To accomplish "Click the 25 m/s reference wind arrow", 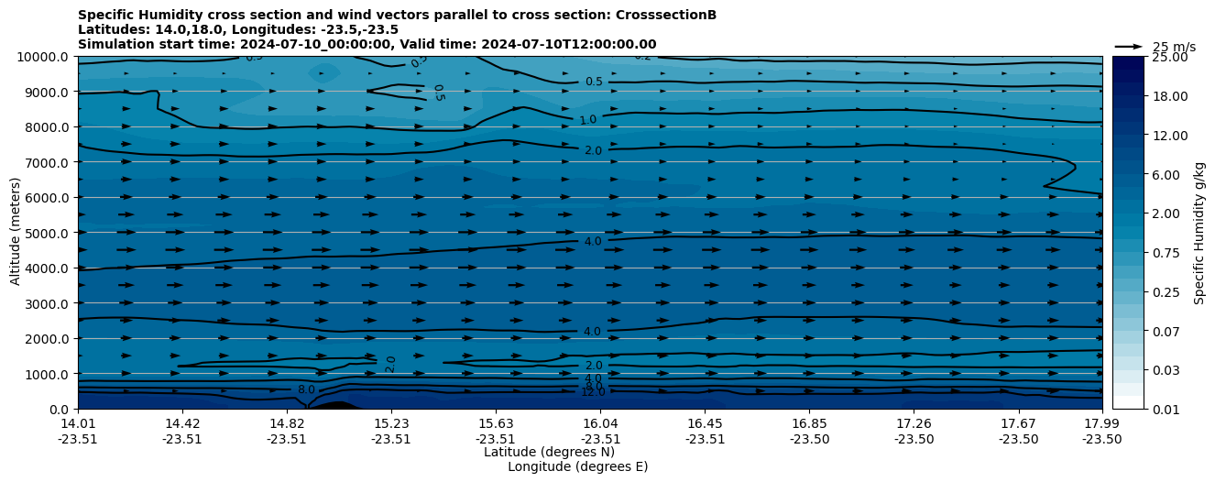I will pos(1129,47).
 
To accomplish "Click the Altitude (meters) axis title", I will pos(16,231).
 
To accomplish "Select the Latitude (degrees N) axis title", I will pos(549,452).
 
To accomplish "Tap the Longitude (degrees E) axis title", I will pos(577,466).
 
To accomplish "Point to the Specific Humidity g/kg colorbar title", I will pos(1199,233).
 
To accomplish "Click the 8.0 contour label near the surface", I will pos(306,389).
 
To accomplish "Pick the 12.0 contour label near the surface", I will pos(593,392).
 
